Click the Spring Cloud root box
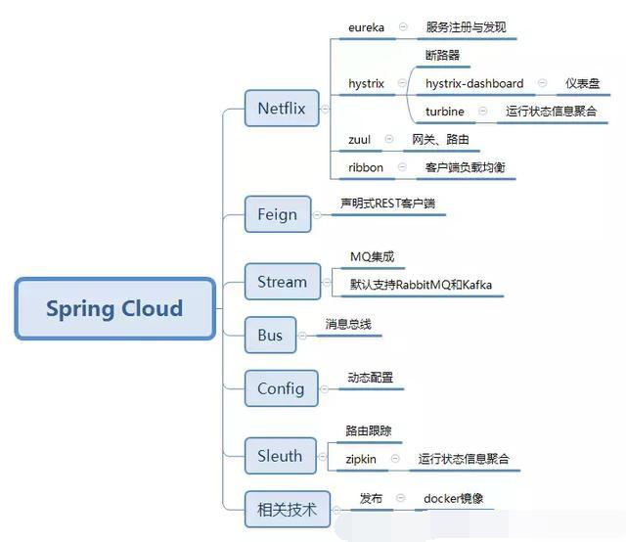[114, 309]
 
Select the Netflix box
[281, 109]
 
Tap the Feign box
[277, 214]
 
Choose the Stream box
[282, 282]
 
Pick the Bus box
[269, 336]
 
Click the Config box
[280, 388]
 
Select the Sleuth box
[280, 455]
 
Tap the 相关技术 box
[287, 509]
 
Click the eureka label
[367, 27]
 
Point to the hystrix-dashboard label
[473, 84]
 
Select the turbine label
[445, 112]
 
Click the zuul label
[359, 140]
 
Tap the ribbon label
[366, 167]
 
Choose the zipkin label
[361, 458]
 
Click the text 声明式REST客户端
[387, 203]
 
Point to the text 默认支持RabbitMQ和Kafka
[421, 285]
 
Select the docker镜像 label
[453, 499]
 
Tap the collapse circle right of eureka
[403, 27]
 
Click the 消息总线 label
[348, 324]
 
